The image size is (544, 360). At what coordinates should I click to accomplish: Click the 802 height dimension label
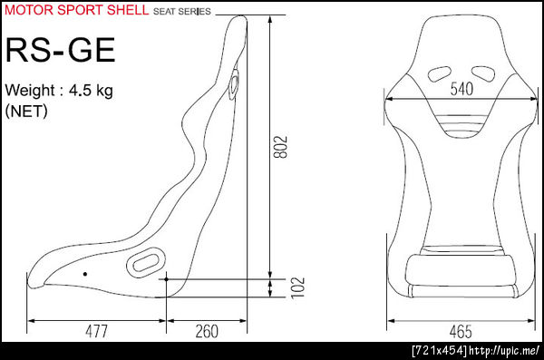(x=280, y=147)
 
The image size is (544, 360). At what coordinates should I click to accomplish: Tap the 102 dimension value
(x=297, y=287)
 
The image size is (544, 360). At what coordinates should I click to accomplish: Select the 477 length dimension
(x=96, y=331)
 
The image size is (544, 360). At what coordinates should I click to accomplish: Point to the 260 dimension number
(x=207, y=331)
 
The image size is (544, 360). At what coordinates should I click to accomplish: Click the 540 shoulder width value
(x=461, y=89)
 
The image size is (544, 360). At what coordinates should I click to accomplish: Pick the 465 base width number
(x=461, y=332)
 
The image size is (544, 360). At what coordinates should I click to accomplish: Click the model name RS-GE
(x=61, y=51)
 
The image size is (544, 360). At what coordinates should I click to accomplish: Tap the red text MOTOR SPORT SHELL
(x=77, y=10)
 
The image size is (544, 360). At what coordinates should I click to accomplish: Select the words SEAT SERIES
(x=182, y=12)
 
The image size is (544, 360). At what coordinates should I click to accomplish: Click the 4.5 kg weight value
(x=91, y=91)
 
